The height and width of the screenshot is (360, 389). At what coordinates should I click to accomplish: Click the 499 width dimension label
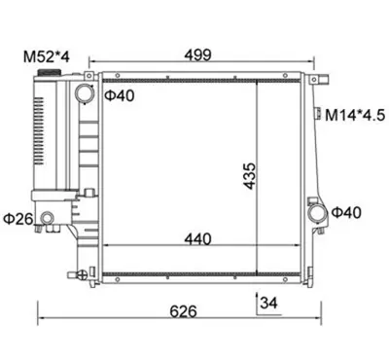click(x=198, y=54)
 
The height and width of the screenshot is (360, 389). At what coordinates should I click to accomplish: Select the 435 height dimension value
click(x=250, y=176)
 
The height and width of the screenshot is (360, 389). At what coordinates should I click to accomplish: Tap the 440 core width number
click(x=197, y=239)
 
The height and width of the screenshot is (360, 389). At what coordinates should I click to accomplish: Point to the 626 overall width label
click(x=183, y=311)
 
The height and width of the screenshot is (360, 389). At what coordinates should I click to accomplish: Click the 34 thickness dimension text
click(x=269, y=303)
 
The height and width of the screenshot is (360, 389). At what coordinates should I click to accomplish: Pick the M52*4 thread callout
click(x=47, y=57)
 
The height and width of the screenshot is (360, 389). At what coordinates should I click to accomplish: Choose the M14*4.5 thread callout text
click(x=355, y=115)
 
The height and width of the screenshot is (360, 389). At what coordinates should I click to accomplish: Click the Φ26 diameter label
click(x=18, y=219)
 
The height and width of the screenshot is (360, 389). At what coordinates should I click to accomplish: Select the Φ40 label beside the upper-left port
click(x=120, y=95)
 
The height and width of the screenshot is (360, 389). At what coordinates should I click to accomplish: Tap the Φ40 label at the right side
click(x=346, y=213)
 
